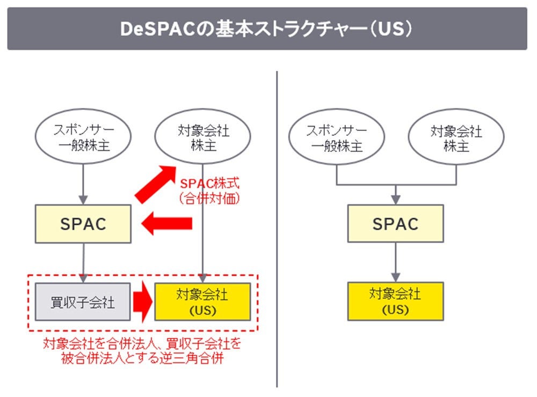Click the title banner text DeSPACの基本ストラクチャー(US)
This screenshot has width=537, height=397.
tap(267, 29)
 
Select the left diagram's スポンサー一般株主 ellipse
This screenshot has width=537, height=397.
tap(83, 138)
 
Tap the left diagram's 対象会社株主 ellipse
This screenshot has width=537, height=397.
tap(202, 138)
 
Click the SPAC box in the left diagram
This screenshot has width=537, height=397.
tap(83, 224)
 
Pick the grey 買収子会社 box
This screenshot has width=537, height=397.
tap(83, 302)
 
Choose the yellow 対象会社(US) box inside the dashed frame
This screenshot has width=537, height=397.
tap(202, 302)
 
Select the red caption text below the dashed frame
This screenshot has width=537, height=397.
tap(142, 350)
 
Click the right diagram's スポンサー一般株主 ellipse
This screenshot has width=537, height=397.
tap(337, 137)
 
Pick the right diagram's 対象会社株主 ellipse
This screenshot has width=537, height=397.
tap(456, 137)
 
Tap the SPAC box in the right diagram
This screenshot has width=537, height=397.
tap(396, 223)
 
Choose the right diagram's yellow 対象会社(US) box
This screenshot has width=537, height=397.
tap(396, 302)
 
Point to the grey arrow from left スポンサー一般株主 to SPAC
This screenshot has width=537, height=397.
tap(83, 182)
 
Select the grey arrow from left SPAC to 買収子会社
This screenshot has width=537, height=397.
tap(83, 262)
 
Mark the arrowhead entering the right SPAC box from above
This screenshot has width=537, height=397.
tap(396, 200)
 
